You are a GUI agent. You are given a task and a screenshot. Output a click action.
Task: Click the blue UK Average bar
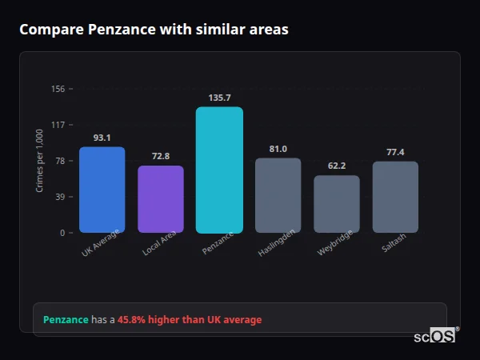pos(102,190)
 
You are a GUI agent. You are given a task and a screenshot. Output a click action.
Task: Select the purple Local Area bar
pos(161,199)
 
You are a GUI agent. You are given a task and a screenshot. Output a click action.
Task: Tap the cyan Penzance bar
pos(219,170)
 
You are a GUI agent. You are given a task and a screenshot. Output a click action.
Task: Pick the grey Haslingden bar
pos(278,195)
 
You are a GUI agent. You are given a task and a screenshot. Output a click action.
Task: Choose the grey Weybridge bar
pos(337,204)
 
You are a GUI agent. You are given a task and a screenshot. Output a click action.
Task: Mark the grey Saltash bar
pos(395,197)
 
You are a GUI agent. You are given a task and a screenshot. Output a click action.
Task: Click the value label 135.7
pos(219,98)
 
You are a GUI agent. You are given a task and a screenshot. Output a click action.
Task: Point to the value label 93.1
pos(102,138)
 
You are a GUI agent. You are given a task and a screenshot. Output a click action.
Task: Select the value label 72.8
pos(161,156)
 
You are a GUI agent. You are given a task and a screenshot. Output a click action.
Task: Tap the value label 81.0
pos(278,149)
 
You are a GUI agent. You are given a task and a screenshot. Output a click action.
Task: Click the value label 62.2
pos(337,166)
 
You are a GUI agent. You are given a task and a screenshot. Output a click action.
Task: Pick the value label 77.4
pos(395,152)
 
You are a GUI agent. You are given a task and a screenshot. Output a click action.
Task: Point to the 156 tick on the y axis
pos(58,89)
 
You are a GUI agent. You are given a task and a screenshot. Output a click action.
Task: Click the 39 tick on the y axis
pos(60,197)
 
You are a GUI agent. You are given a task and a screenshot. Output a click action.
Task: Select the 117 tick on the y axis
pos(58,125)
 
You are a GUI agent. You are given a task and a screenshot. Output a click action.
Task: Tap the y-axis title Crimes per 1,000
pos(40,161)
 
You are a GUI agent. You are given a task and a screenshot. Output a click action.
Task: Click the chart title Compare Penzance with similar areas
pos(154,30)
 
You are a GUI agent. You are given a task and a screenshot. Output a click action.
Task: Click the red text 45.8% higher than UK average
pos(190,320)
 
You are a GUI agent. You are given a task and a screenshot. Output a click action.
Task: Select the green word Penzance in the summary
pos(66,320)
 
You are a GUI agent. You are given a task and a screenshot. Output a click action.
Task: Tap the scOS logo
pos(435,336)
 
